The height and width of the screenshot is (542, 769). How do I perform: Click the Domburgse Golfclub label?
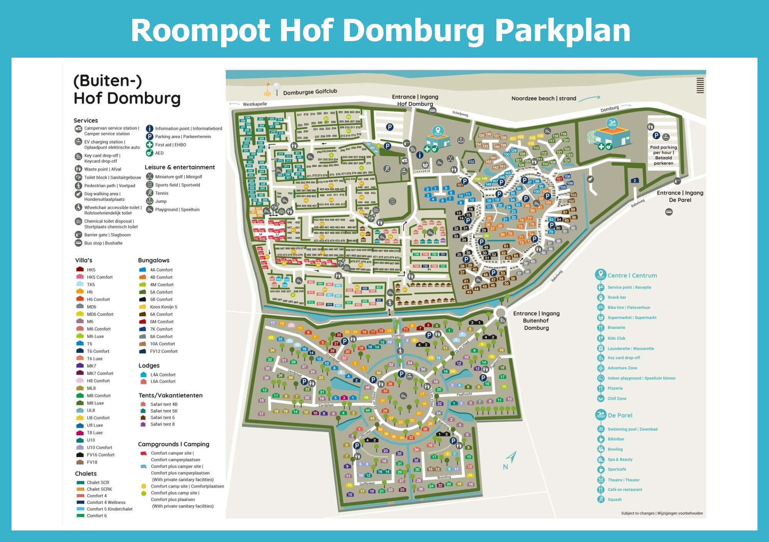(310, 92)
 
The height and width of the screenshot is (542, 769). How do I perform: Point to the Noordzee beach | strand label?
(544, 98)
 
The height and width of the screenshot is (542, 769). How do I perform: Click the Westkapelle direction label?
(255, 104)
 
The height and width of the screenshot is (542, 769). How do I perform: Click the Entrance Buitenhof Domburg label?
(536, 321)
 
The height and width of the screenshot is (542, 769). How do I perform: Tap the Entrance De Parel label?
(680, 196)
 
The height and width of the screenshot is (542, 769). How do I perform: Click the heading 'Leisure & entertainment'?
(180, 167)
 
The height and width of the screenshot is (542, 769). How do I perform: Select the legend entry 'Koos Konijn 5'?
(163, 307)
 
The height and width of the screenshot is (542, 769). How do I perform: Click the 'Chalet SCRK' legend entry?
(99, 489)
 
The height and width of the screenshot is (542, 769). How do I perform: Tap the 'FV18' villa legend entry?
(92, 462)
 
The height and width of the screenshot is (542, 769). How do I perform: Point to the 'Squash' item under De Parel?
(614, 500)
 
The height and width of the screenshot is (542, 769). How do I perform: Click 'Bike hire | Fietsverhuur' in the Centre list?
(629, 308)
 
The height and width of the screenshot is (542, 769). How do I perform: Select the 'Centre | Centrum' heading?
(632, 276)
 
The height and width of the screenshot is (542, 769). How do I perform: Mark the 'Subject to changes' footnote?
(662, 513)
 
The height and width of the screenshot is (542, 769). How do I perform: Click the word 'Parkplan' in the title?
(563, 31)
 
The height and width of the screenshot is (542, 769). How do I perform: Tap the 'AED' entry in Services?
(159, 153)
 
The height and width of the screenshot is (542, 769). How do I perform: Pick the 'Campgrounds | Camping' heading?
(173, 444)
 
